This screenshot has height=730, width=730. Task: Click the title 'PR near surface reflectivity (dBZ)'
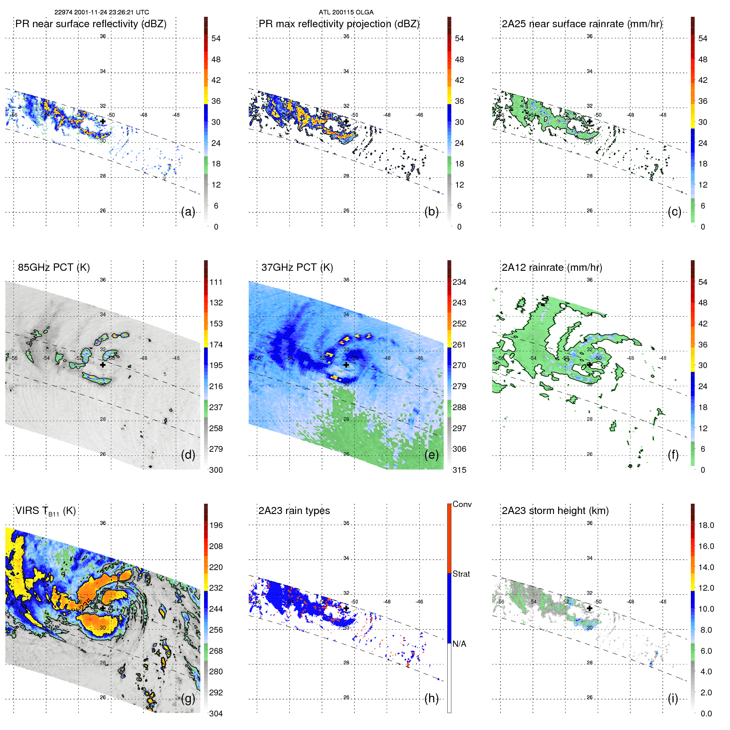(x=91, y=24)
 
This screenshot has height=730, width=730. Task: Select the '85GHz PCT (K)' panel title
(x=54, y=267)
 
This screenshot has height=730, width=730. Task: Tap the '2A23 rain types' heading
(x=294, y=511)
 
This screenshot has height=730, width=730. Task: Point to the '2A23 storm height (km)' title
(x=555, y=511)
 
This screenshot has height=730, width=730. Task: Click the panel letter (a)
(x=188, y=212)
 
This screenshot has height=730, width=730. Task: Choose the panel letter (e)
(x=432, y=455)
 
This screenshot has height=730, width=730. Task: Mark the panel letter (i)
(x=673, y=698)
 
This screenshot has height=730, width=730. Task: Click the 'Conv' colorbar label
(x=462, y=504)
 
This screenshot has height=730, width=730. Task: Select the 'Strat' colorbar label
(x=461, y=574)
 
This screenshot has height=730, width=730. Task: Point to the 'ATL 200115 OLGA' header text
(x=346, y=12)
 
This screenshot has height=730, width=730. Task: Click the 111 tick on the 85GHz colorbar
(x=216, y=282)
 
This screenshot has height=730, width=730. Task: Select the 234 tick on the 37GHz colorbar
(x=459, y=282)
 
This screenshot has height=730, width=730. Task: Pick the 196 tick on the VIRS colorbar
(x=216, y=525)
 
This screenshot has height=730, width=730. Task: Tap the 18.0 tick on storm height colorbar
(x=706, y=525)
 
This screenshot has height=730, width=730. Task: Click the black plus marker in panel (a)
(x=103, y=121)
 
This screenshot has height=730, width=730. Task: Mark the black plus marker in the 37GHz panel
(x=346, y=365)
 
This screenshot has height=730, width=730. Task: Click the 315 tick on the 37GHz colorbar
(x=459, y=470)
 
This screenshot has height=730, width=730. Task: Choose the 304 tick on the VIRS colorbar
(x=216, y=714)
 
